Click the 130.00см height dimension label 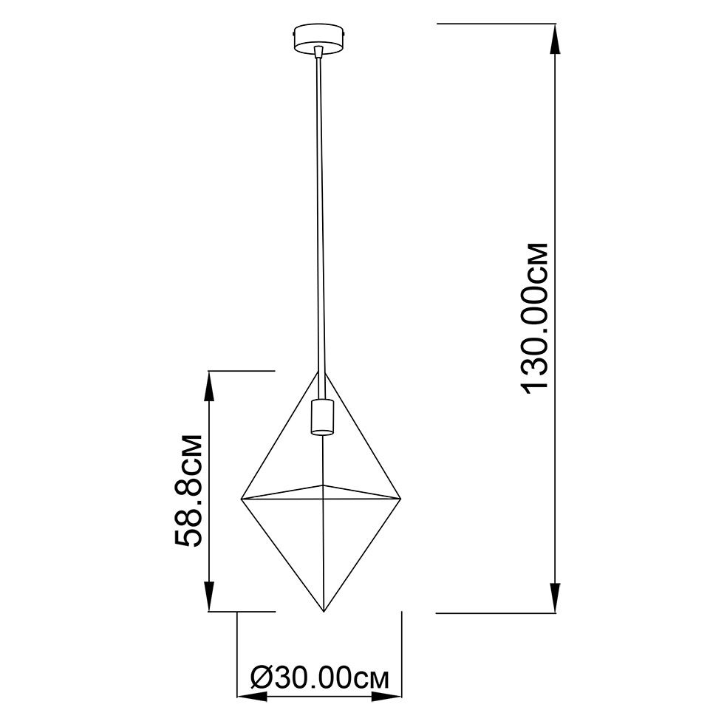tap(535, 318)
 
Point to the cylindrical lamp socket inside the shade tap(322, 417)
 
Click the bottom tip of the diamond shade tap(324, 612)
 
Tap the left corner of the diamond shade tap(241, 499)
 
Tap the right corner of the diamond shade tap(400, 499)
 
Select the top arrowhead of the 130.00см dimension tap(555, 39)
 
